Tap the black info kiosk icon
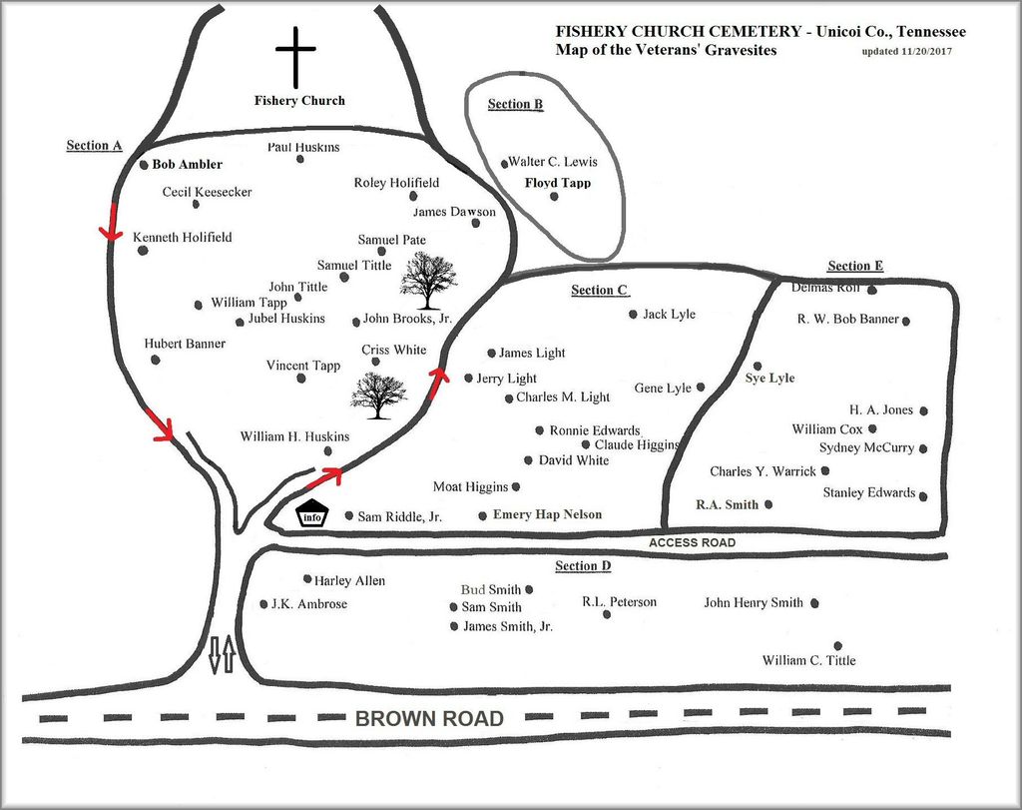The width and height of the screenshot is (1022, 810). point(312,514)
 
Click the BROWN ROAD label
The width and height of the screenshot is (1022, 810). point(429,718)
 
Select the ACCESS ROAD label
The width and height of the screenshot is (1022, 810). point(692,542)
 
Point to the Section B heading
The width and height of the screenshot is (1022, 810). point(515,105)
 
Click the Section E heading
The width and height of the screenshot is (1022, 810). point(855,266)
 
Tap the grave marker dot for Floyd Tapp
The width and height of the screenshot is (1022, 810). point(554,196)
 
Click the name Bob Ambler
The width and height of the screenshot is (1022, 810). point(187,164)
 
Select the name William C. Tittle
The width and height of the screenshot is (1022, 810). point(808,660)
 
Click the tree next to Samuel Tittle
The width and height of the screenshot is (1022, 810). point(428,280)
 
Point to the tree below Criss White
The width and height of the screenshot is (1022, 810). point(378,395)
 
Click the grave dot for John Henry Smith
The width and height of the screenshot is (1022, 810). point(814,603)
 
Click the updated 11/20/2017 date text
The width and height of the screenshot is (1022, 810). point(906,51)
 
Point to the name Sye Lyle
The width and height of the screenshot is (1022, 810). point(769,379)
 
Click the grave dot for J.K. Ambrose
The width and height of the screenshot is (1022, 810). point(263,603)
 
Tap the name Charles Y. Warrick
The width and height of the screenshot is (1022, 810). point(763,471)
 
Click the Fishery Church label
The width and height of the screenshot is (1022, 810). point(299,100)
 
